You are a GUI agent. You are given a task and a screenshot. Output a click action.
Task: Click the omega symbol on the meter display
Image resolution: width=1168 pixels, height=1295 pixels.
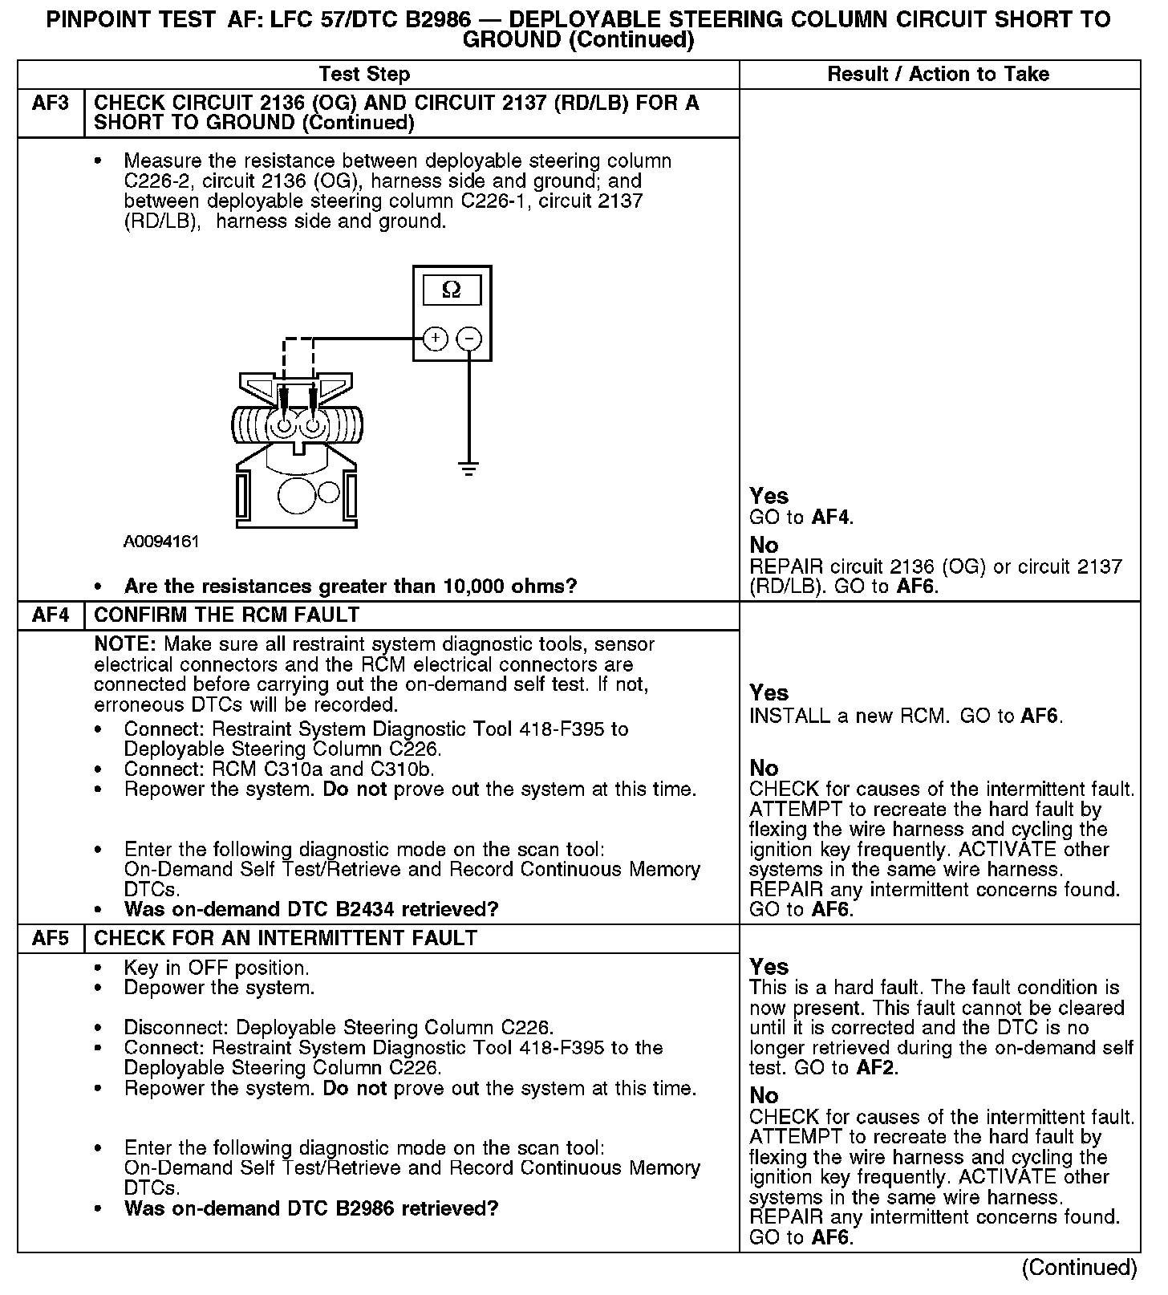coord(452,290)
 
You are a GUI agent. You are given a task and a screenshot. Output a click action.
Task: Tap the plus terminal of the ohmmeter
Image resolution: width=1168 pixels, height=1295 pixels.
coord(435,339)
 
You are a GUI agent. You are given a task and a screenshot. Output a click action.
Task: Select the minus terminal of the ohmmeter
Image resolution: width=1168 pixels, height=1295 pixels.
coord(469,339)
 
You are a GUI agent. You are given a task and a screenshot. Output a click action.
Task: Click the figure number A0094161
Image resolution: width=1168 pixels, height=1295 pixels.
coord(161,542)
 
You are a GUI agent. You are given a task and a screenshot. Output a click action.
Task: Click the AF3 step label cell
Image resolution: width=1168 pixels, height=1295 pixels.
coord(51,104)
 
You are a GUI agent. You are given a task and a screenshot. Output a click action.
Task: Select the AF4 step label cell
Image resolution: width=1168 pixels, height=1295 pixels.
coord(51,615)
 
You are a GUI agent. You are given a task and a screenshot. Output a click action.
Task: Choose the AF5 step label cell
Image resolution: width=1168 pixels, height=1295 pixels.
coord(51,938)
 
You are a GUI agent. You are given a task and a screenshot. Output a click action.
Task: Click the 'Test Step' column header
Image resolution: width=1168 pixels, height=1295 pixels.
coord(364,75)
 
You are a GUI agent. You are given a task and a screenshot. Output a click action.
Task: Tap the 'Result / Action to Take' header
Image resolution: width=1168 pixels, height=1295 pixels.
coord(938,75)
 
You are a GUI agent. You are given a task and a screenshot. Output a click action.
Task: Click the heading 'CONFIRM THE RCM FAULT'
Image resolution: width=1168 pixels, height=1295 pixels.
coord(227,615)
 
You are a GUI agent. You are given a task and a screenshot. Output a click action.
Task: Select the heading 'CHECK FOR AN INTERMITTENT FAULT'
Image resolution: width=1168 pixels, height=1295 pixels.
coord(286,938)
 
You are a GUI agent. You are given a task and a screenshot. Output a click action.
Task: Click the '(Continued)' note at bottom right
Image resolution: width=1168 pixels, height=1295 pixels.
coord(1079,1268)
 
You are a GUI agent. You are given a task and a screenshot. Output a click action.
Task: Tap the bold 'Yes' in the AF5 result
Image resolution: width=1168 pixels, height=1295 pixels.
coord(769,967)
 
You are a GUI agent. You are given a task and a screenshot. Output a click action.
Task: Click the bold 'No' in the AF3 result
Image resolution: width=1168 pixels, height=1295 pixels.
coord(764,546)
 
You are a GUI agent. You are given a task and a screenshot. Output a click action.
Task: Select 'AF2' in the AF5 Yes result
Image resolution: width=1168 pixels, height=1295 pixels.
coord(876,1068)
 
